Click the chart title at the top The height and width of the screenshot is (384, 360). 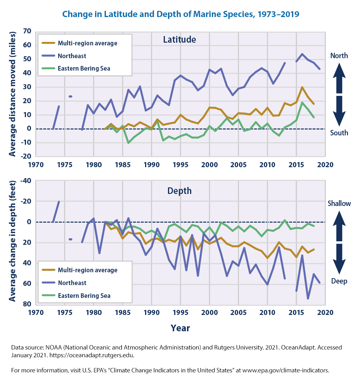[x=180, y=14]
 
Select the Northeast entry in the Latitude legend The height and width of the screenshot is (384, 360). [x=72, y=56]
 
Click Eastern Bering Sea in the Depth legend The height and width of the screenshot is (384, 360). [x=84, y=296]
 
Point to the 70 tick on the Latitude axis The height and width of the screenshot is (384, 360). [x=27, y=31]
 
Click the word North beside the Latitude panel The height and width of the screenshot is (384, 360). [x=339, y=56]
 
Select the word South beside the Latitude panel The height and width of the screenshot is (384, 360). [x=339, y=133]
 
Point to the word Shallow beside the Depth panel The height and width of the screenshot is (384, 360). [x=339, y=203]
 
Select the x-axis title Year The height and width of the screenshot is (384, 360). [x=180, y=328]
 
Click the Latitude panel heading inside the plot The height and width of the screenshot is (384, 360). [x=179, y=40]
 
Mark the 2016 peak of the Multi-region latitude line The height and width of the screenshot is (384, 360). [x=302, y=87]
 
